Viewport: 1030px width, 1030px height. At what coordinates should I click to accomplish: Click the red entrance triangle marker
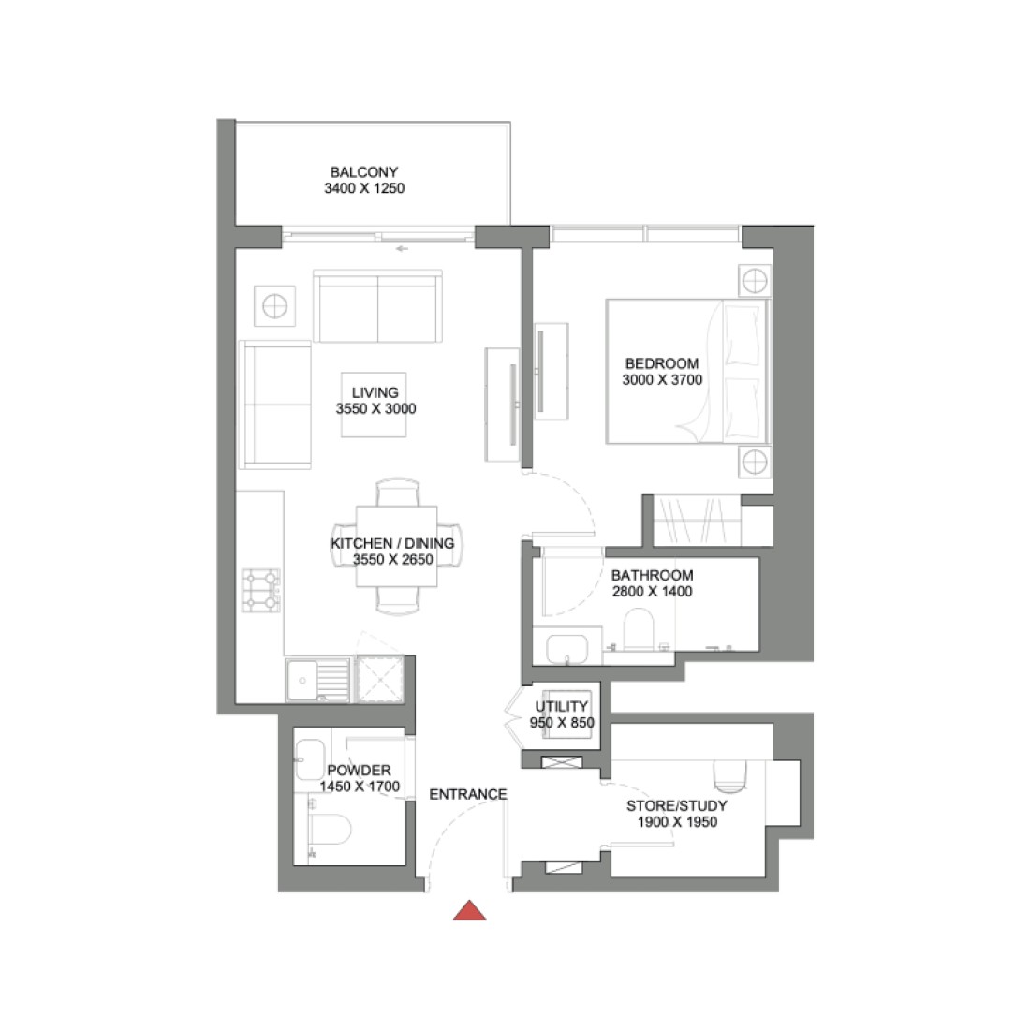[x=469, y=910]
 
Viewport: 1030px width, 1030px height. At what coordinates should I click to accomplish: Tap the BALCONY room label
[x=364, y=172]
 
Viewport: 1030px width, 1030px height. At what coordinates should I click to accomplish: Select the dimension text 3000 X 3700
[x=662, y=379]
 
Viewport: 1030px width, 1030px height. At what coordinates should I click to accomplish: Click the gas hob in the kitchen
[x=261, y=590]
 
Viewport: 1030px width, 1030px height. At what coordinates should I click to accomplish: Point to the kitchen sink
[x=305, y=679]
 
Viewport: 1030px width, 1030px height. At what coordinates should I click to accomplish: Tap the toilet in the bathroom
[x=641, y=628]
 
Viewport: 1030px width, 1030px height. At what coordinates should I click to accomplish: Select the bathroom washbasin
[x=566, y=648]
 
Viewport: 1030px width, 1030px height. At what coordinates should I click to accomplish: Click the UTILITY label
[x=562, y=707]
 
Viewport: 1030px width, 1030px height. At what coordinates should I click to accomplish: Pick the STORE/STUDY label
[x=676, y=805]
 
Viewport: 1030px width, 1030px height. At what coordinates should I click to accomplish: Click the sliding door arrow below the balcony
[x=402, y=249]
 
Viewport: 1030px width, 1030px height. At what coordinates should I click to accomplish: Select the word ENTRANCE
[x=468, y=794]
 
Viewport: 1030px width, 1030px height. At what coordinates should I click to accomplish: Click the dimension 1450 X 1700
[x=360, y=787]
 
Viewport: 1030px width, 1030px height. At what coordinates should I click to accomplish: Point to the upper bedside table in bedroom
[x=755, y=279]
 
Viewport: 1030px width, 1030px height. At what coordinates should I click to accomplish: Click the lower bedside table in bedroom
[x=755, y=462]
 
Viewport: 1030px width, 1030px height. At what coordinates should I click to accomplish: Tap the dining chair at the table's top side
[x=397, y=493]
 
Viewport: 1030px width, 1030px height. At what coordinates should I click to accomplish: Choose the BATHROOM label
[x=652, y=576]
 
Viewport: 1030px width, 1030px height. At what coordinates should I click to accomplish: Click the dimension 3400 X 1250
[x=364, y=188]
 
